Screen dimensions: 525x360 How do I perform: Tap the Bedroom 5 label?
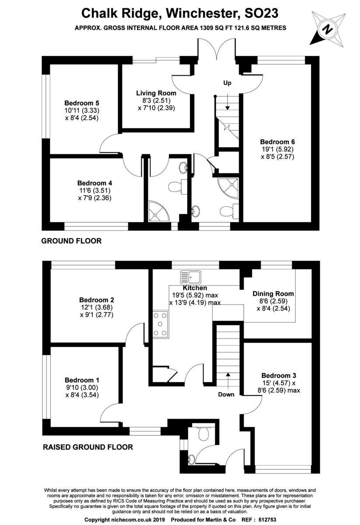(79, 103)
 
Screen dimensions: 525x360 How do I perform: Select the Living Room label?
(156, 93)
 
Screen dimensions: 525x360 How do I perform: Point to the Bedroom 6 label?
(277, 141)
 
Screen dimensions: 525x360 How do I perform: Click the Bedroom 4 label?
(92, 183)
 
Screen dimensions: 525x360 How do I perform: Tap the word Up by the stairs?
(227, 83)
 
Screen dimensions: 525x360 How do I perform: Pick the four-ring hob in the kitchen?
(160, 324)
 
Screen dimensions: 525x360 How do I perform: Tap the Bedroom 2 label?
(97, 300)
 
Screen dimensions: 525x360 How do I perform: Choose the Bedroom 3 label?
(279, 375)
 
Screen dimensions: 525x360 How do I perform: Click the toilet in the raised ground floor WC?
(203, 433)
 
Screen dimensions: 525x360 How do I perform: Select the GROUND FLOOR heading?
(71, 241)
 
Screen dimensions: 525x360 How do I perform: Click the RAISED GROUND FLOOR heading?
(87, 447)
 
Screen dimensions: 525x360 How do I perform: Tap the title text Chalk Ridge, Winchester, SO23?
(180, 13)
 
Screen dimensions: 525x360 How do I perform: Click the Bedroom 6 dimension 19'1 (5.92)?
(277, 149)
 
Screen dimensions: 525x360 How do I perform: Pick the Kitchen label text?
(195, 288)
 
